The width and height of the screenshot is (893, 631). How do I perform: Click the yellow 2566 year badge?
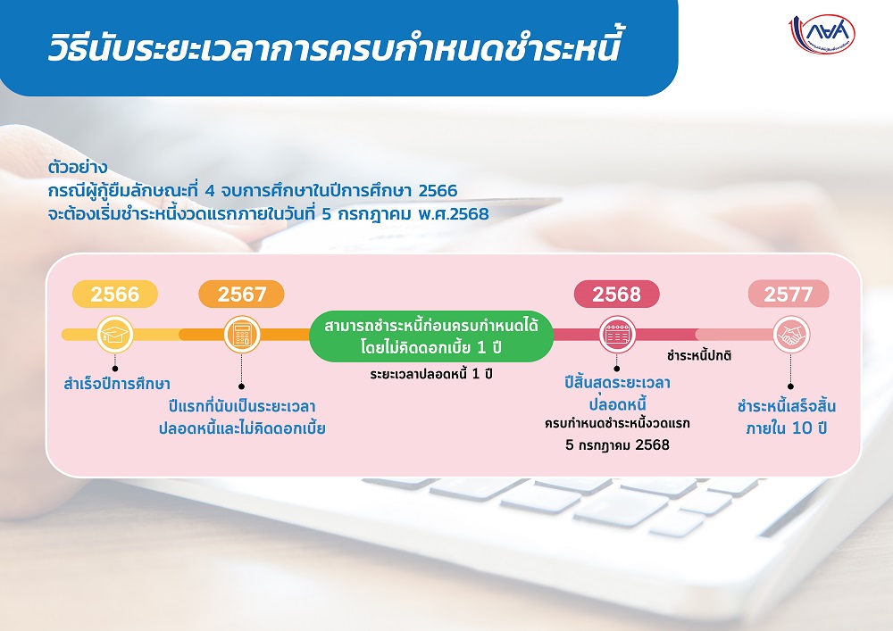coord(115,295)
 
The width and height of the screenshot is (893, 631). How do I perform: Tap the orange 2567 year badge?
coord(241,295)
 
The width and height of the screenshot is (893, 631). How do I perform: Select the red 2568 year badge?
coord(617,295)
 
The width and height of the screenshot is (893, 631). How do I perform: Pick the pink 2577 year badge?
coord(789,295)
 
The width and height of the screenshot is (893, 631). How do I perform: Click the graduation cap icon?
coord(115,335)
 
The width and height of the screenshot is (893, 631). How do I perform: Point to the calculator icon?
coord(241,335)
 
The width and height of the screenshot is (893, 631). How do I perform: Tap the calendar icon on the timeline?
coord(617,335)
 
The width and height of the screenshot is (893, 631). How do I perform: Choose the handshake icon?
coord(791,335)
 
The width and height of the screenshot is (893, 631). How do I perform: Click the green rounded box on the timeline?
coord(431,336)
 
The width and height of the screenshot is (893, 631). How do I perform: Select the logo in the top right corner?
coord(822,34)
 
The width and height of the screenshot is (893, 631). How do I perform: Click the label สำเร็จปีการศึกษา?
coord(117,384)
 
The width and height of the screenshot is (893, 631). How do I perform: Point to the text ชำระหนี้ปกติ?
coord(699,356)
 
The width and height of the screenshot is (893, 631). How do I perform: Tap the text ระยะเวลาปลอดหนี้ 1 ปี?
coord(431,374)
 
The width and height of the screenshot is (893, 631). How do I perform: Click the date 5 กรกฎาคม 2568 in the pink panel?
coord(617,445)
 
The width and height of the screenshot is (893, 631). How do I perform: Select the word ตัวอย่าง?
coord(78,168)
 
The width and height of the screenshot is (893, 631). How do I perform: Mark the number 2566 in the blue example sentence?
coord(438,191)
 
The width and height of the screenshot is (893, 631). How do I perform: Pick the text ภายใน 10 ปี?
coord(787,428)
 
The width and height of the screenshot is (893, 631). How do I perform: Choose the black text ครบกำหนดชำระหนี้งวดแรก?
coord(617,423)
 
